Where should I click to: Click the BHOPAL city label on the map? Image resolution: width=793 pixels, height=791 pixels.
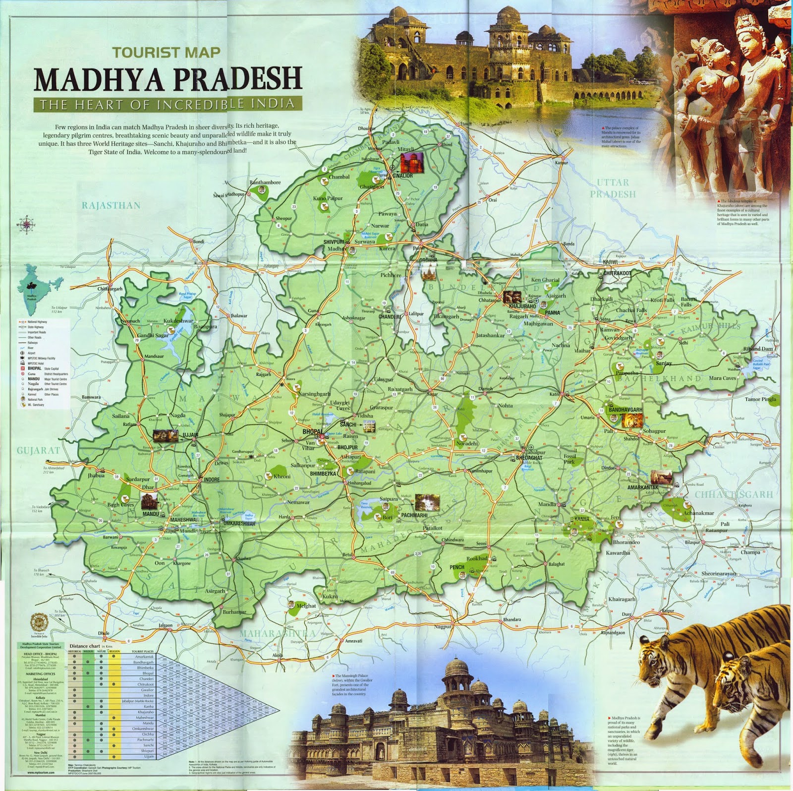click(x=312, y=432)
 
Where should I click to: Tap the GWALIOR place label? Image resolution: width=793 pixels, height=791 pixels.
click(x=402, y=176)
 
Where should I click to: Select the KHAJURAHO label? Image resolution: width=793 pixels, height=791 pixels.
click(x=522, y=306)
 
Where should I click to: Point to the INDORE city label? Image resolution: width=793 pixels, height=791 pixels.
click(x=212, y=480)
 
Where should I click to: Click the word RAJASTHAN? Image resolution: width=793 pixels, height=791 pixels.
click(x=111, y=205)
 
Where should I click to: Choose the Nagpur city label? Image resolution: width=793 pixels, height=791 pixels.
click(x=443, y=626)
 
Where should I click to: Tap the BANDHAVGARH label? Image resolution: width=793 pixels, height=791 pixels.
click(x=625, y=410)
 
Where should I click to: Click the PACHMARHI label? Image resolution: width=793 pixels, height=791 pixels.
click(x=414, y=515)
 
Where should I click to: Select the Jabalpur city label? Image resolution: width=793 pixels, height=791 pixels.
click(x=535, y=452)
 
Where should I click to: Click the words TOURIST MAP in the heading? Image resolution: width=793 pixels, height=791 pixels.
click(x=166, y=52)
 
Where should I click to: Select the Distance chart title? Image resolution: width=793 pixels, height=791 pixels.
click(x=85, y=646)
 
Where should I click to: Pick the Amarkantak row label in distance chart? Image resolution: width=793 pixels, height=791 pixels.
click(x=144, y=657)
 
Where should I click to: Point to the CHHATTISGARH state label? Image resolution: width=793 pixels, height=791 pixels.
click(x=734, y=494)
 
